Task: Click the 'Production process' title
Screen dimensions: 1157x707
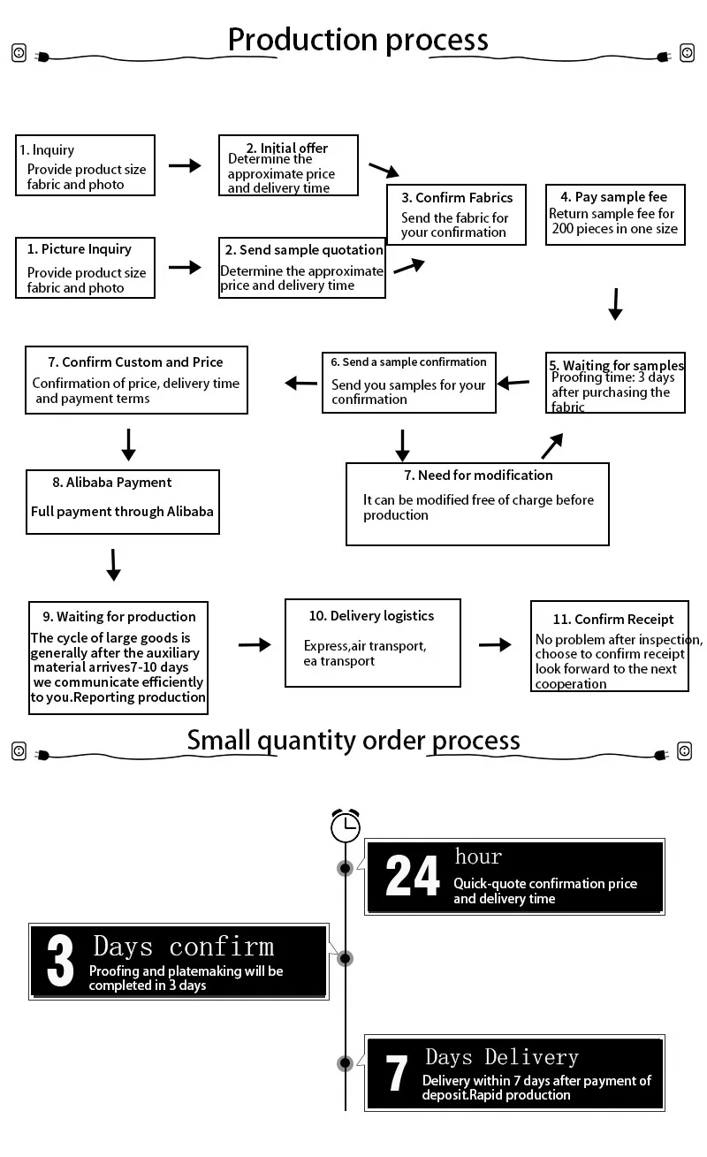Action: (x=358, y=40)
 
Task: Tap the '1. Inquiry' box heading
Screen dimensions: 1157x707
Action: (x=47, y=150)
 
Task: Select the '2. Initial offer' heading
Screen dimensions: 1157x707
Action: (x=287, y=148)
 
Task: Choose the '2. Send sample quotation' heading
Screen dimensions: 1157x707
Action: (x=302, y=250)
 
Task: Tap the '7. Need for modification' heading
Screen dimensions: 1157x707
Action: (x=478, y=476)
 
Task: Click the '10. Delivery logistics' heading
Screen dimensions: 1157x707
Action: (x=371, y=616)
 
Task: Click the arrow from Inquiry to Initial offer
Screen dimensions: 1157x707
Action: (x=185, y=165)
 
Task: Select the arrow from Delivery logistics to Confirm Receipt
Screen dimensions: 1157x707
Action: (x=495, y=644)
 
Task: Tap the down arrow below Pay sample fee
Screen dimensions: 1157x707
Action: (x=616, y=303)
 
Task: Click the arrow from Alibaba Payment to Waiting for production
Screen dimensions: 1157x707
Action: (x=113, y=564)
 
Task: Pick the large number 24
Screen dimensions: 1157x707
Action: (x=413, y=877)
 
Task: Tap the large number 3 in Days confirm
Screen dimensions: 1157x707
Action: (x=60, y=962)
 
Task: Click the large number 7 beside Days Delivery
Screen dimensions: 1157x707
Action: (x=398, y=1075)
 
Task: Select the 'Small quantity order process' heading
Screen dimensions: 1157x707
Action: (x=353, y=741)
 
